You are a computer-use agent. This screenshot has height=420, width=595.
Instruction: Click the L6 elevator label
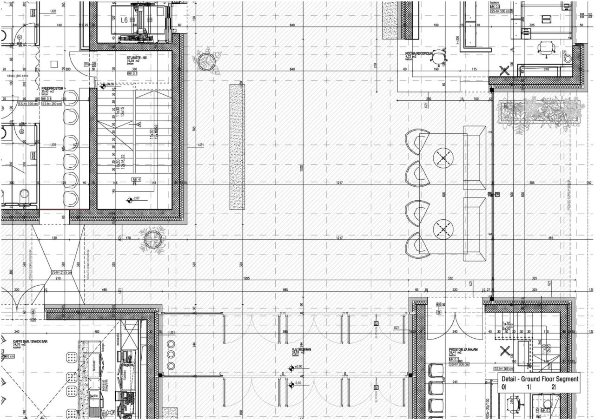pos(124,20)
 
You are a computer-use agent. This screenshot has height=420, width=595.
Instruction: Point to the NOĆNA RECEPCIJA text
pos(419,53)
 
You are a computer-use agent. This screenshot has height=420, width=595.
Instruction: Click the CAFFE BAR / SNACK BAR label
pos(30,341)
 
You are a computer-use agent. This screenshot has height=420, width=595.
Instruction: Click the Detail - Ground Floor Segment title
pos(540,379)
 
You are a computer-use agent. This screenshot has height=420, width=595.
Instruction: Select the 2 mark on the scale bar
pos(553,387)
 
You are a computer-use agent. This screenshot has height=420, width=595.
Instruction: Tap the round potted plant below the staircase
pos(152,239)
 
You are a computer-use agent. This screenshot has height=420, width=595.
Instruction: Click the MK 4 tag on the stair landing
pos(136,179)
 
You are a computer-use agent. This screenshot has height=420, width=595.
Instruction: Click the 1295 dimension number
pos(246,278)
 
